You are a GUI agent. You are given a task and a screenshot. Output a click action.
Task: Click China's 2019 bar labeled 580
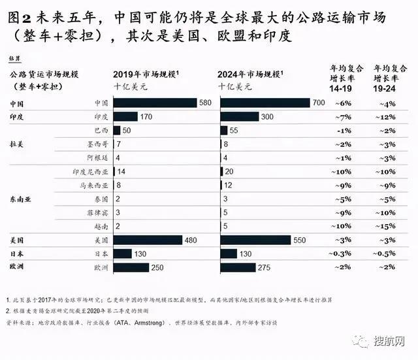click(x=155, y=103)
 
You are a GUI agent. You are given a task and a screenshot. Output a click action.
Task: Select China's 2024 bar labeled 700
click(x=265, y=103)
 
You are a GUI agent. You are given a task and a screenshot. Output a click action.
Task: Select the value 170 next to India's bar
click(x=148, y=116)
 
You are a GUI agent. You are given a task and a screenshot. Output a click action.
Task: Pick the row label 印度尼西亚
click(x=90, y=171)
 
